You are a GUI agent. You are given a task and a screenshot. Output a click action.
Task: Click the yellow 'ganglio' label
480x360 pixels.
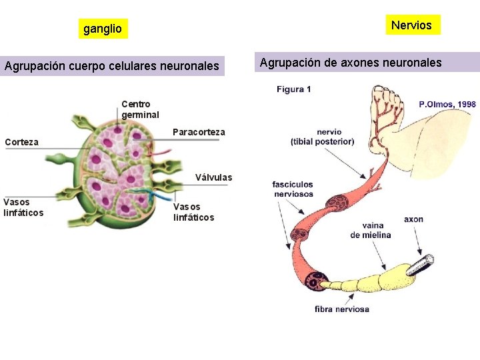tap(102, 29)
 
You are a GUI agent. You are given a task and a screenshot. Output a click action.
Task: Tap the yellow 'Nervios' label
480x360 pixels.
tap(411, 25)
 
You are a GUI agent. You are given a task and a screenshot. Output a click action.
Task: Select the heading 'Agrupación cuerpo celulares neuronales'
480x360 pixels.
tap(112, 66)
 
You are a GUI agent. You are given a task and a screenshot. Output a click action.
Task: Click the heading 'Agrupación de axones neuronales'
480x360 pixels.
tap(351, 63)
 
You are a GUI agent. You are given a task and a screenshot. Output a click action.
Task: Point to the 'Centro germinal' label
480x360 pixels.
tap(140, 109)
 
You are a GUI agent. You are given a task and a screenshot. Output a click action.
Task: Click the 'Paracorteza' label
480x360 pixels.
tap(199, 132)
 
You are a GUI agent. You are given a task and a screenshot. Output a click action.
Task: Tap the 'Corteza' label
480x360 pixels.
tap(21, 142)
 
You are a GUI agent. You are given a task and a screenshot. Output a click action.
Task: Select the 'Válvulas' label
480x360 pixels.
tap(213, 177)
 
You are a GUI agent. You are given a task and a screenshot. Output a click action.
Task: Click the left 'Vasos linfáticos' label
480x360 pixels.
tap(23, 207)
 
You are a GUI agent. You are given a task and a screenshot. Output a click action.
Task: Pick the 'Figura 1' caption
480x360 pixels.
tap(294, 89)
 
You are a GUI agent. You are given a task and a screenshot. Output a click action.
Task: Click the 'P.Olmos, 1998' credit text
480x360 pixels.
tap(447, 104)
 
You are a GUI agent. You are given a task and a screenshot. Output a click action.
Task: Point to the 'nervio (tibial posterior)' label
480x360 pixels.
tap(322, 137)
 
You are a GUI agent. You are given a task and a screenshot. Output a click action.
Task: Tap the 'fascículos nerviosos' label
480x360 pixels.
tap(293, 189)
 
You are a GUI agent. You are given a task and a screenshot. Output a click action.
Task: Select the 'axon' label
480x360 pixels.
tap(413, 219)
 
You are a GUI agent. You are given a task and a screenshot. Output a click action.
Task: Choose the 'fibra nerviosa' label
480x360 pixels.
tap(342, 309)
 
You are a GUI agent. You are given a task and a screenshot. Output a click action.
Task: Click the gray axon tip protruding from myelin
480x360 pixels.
tap(421, 263)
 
